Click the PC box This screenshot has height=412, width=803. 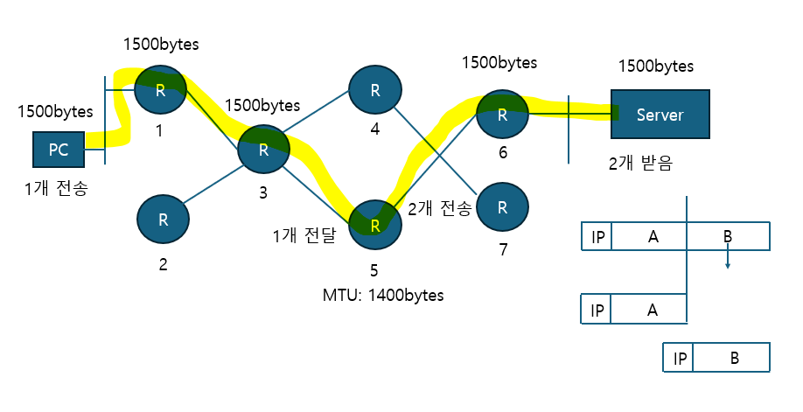tap(59, 150)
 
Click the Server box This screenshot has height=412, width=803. tap(660, 114)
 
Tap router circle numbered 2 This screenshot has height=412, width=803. tap(163, 220)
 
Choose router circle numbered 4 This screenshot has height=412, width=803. tap(374, 89)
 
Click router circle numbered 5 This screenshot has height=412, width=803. tap(374, 224)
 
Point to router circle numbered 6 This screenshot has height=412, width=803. tap(502, 114)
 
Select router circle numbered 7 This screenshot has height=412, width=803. tap(502, 206)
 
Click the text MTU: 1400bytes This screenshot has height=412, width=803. tap(383, 295)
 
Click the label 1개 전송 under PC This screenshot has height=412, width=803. tap(56, 187)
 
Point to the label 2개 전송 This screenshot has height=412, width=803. tap(440, 208)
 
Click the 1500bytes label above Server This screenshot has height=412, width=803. tap(656, 66)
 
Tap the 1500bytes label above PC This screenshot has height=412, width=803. tap(55, 113)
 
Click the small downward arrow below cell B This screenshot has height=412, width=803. tap(727, 262)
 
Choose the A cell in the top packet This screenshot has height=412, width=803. tap(649, 236)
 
